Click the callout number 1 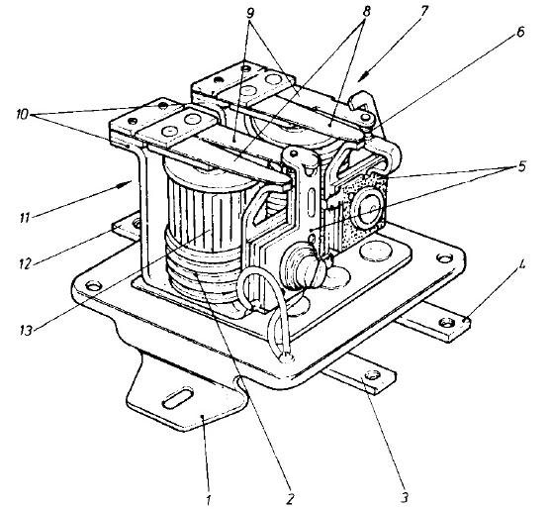tap(209, 498)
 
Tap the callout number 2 tap(290, 498)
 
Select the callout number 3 tap(405, 497)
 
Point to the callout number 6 tap(519, 32)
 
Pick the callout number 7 tap(423, 11)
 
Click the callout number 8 tap(366, 11)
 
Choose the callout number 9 tap(250, 13)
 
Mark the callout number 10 tap(22, 115)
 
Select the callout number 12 tap(26, 262)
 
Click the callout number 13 tap(26, 331)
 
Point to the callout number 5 tap(522, 165)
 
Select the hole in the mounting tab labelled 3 tap(372, 375)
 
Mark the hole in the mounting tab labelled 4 tap(446, 321)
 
